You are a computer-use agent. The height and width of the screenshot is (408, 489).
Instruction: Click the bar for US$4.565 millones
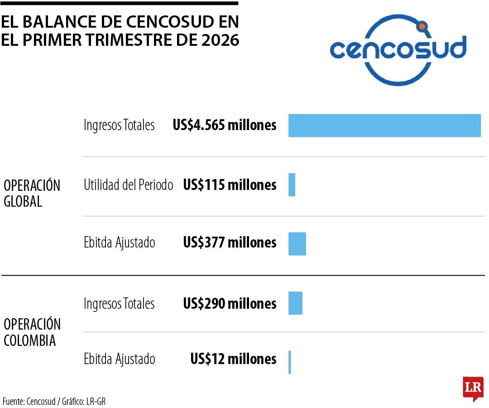[x=384, y=126]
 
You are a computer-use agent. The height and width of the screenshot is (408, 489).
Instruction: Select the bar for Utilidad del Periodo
[x=292, y=185]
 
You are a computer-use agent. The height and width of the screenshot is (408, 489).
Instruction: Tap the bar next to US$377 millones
[x=297, y=244]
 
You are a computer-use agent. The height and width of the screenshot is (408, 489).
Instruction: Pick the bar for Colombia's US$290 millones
[x=295, y=303]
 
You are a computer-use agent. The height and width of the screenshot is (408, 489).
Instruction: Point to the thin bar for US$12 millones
[x=290, y=362]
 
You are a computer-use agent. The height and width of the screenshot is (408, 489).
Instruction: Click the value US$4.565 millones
[x=225, y=125]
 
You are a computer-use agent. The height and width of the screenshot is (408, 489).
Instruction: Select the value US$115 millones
[x=230, y=185]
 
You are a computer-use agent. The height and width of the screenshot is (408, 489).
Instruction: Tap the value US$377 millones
[x=230, y=243]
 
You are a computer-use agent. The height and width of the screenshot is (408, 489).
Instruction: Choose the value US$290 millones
[x=230, y=303]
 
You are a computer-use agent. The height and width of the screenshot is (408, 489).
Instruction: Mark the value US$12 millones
[x=233, y=359]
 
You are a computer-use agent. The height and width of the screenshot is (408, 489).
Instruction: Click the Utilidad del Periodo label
[x=129, y=185]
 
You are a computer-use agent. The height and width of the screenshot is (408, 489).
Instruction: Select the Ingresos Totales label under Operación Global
[x=119, y=125]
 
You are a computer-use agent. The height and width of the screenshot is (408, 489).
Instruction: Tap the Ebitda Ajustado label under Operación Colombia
[x=120, y=359]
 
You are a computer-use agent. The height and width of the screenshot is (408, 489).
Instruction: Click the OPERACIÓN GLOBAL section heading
[x=32, y=193]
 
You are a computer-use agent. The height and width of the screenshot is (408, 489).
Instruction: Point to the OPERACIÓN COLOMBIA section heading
[x=32, y=332]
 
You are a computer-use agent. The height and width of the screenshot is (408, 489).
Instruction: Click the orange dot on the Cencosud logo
[x=422, y=27]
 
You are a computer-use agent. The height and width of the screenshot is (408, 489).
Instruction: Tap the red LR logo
[x=473, y=388]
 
